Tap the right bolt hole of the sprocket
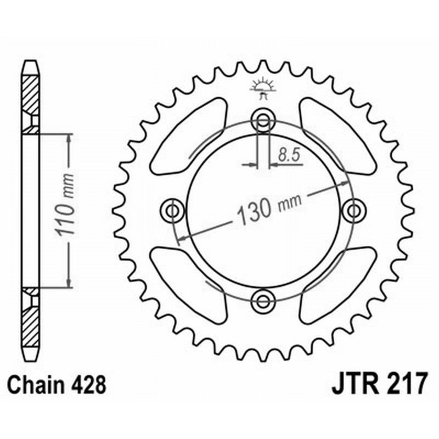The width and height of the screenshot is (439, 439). [353, 210]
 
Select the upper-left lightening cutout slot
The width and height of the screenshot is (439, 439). [189, 134]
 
